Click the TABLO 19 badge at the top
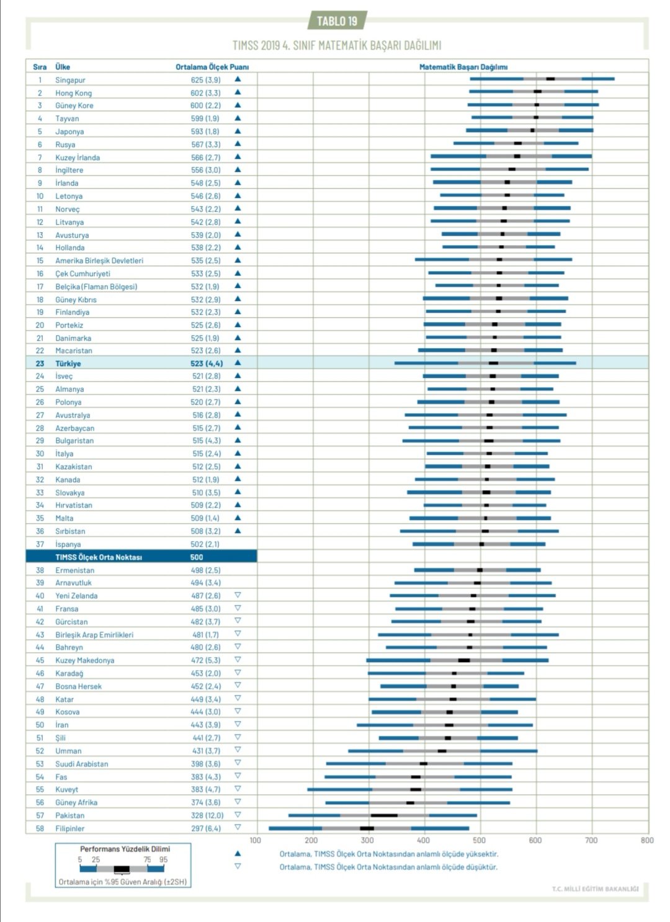(337, 21)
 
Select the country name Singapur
(70, 80)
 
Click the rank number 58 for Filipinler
(40, 828)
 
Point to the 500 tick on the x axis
(480, 840)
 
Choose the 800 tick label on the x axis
(647, 840)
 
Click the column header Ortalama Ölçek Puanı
(212, 67)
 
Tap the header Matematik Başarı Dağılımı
(463, 67)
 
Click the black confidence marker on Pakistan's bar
(384, 815)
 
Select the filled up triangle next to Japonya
(238, 131)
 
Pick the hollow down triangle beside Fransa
(238, 608)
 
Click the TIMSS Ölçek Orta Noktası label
(99, 557)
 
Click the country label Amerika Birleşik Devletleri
(99, 261)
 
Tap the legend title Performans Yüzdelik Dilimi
(125, 849)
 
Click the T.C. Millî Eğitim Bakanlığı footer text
(595, 889)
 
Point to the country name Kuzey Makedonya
(84, 660)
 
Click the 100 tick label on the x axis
(256, 840)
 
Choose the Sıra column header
(40, 67)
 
